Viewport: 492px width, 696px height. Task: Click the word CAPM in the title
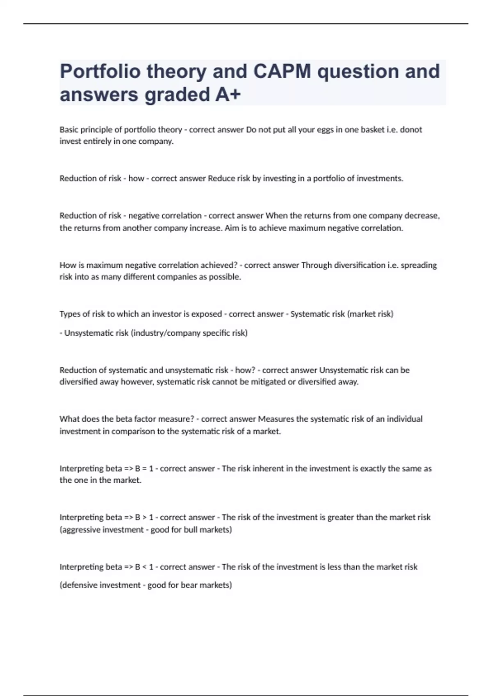282,71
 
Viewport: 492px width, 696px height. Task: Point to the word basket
371,130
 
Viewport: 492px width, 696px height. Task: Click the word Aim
231,228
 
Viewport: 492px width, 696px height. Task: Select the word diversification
360,265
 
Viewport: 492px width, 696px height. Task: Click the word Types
69,314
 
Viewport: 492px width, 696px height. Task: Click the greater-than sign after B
144,517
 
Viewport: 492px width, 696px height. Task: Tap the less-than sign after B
144,567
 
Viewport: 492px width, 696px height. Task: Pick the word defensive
79,585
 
